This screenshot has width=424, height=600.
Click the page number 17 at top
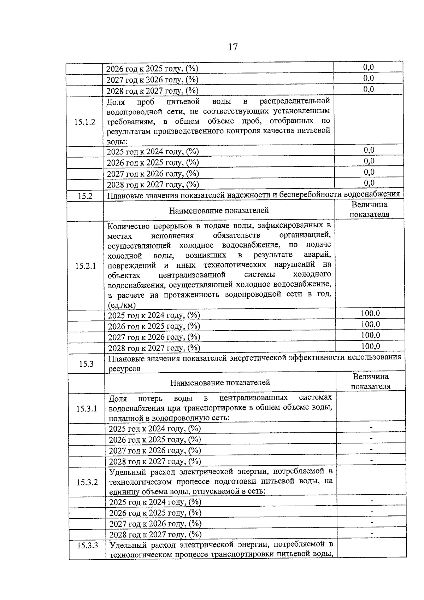233,47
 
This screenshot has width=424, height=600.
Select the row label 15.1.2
85,122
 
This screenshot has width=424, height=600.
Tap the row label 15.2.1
86,266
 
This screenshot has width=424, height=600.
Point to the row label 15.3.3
88,546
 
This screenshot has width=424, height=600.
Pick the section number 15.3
86,363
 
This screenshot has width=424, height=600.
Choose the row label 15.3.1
87,409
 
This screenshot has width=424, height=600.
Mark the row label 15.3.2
87,482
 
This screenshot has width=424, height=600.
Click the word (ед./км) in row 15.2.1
122,305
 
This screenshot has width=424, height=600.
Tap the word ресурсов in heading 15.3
125,369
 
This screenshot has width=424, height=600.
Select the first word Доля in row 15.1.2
116,103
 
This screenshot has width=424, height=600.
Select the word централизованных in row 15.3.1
253,398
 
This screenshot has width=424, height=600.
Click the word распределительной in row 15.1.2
295,101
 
